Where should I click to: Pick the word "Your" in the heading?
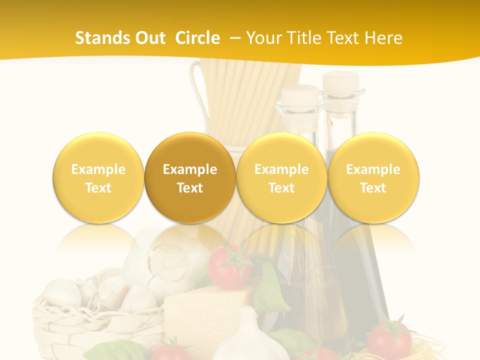tap(263, 38)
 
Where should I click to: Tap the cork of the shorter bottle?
tap(301, 93)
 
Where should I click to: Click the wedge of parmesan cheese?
tap(205, 310)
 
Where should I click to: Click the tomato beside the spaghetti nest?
tap(390, 337)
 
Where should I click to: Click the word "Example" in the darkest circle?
tap(190, 169)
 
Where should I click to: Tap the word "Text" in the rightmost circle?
tap(373, 188)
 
